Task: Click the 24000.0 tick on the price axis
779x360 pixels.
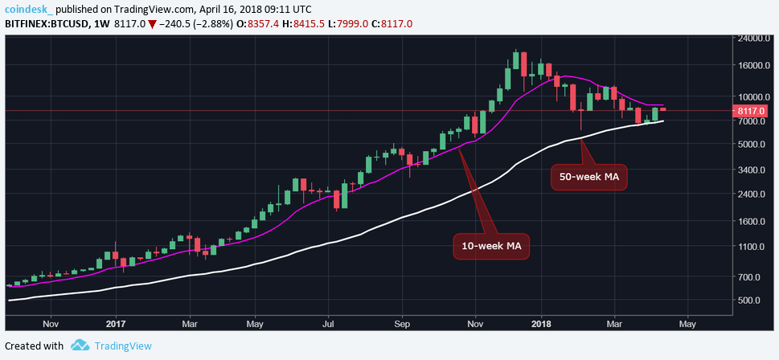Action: (756, 38)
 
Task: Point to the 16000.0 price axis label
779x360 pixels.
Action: (756, 66)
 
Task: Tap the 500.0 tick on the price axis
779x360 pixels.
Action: (752, 301)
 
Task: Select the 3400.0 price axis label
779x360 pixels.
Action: (754, 170)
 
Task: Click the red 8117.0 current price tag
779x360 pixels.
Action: (754, 111)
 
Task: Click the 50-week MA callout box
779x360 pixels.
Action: (588, 177)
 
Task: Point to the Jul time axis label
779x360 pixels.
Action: (328, 324)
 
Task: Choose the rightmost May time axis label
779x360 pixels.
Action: (687, 324)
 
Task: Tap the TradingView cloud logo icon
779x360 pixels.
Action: (79, 346)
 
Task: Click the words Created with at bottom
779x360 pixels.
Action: (35, 346)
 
